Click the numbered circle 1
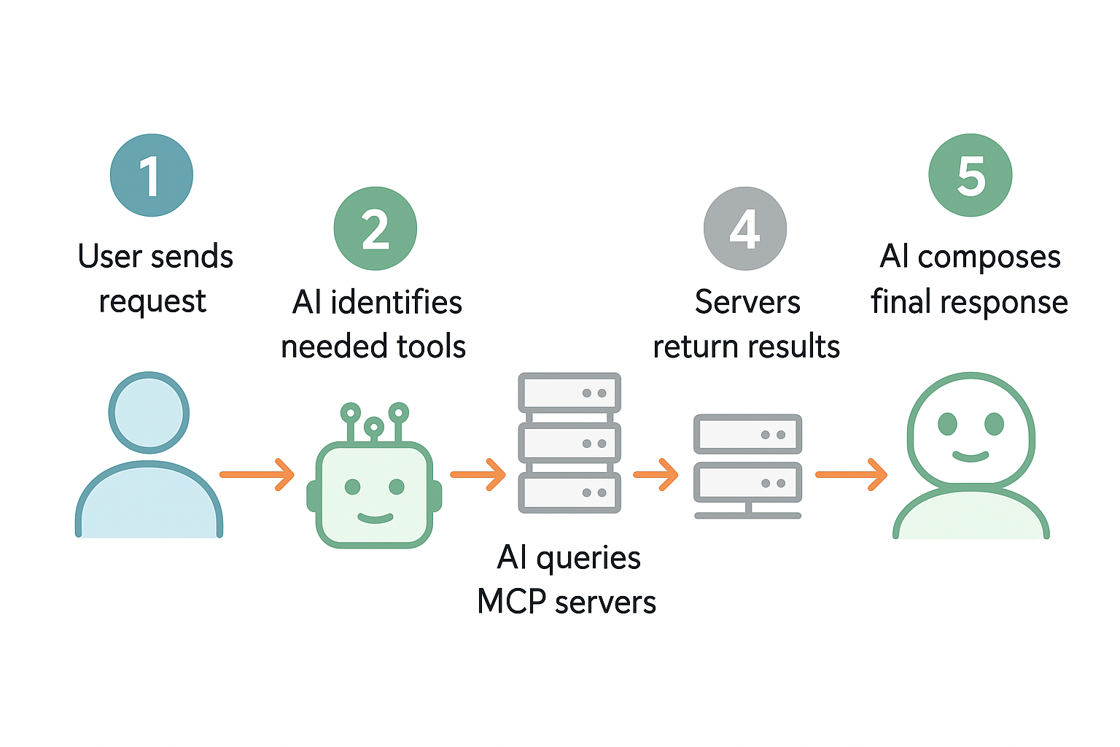[x=152, y=175]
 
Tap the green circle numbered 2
[x=375, y=228]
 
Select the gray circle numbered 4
[x=745, y=228]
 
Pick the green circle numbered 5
[x=971, y=175]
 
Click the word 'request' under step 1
[x=152, y=302]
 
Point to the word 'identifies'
[x=397, y=302]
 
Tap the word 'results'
[x=796, y=347]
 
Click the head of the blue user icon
[x=149, y=413]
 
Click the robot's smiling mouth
[x=375, y=519]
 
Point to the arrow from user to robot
[x=257, y=474]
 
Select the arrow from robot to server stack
[x=478, y=474]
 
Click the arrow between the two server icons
[x=656, y=474]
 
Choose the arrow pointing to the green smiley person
[x=852, y=474]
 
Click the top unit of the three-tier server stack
[x=569, y=392]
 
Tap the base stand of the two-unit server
[x=748, y=512]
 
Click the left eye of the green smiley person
[x=947, y=424]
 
